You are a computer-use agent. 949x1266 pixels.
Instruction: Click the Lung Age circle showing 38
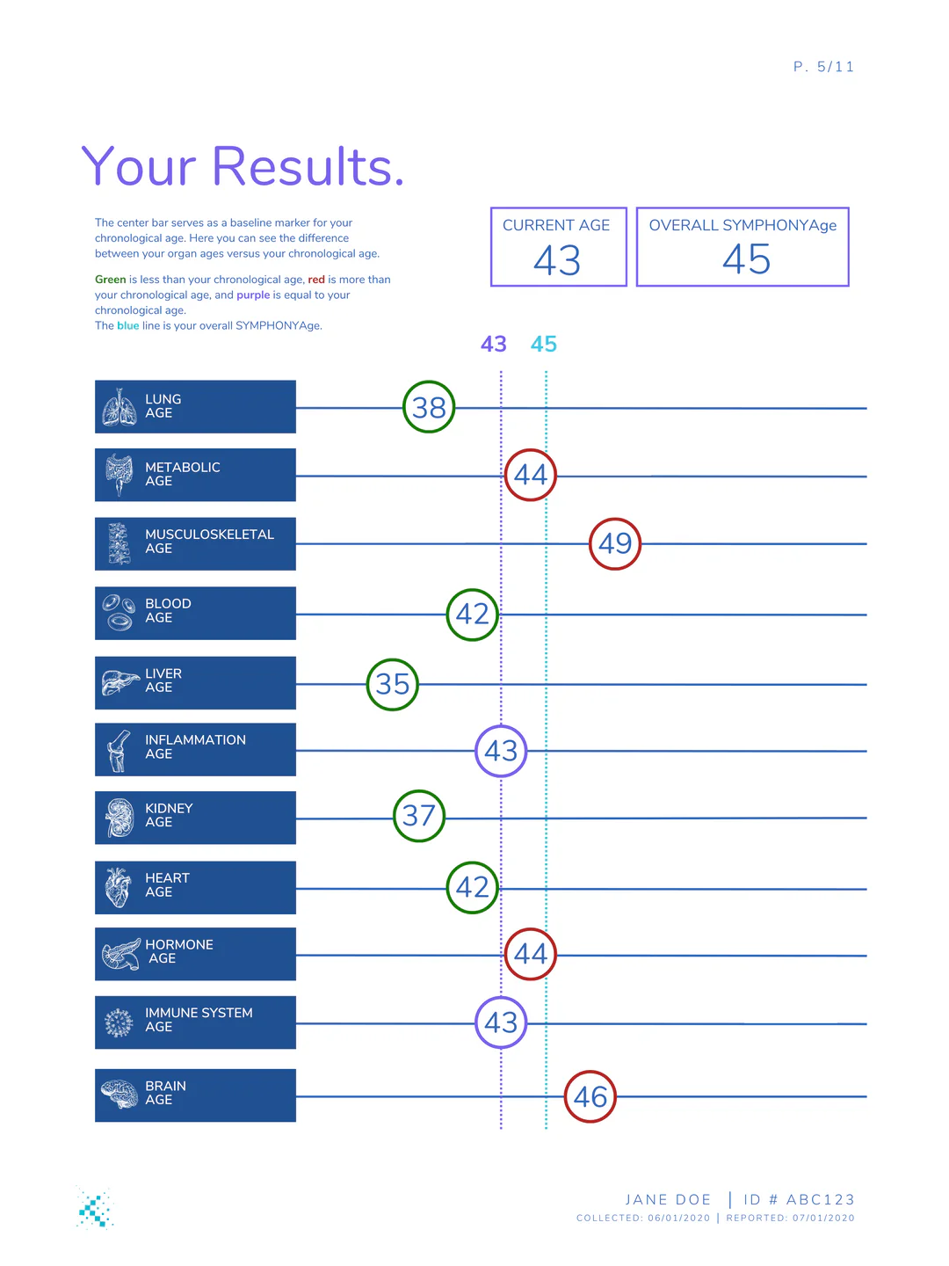[x=429, y=407]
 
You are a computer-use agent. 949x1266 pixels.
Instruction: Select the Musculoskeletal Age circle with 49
[x=615, y=543]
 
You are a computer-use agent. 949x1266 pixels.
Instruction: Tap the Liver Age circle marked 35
[x=393, y=684]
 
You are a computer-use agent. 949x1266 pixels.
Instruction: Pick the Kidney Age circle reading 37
[x=419, y=816]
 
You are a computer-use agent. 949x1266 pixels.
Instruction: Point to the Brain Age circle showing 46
[x=590, y=1096]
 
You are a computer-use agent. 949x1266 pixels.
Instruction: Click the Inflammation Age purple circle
[x=501, y=751]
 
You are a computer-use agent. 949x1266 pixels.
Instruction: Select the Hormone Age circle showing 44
[x=531, y=954]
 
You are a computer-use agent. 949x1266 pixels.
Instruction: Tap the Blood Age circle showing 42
[x=473, y=614]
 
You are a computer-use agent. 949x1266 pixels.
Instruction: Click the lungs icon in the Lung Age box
[x=119, y=407]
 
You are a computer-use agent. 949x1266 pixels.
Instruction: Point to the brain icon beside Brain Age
[x=120, y=1095]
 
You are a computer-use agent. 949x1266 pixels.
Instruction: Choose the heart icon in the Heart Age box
[x=118, y=887]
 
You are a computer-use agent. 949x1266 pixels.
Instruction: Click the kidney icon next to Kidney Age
[x=119, y=818]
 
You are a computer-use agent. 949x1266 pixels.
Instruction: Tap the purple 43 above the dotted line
[x=494, y=344]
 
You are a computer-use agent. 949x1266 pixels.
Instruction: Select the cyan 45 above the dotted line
[x=544, y=344]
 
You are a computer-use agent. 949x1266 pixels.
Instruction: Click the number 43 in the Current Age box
[x=557, y=260]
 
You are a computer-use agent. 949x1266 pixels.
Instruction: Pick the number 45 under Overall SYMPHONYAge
[x=746, y=259]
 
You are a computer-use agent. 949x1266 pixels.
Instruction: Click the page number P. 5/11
[x=823, y=67]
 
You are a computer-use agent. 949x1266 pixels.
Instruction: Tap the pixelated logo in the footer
[x=95, y=1207]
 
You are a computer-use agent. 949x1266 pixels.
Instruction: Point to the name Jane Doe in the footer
[x=668, y=1199]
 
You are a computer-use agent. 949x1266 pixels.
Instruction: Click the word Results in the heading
[x=308, y=166]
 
